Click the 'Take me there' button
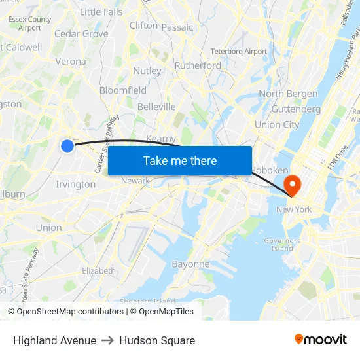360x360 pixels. [180, 160]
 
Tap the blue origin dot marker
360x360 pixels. [67, 146]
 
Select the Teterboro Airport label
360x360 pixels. [238, 51]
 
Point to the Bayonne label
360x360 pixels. [190, 264]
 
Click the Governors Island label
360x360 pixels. [281, 244]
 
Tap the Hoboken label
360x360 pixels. [270, 170]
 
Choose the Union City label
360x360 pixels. [277, 124]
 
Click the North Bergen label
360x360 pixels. [289, 94]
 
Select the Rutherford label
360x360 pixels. [198, 65]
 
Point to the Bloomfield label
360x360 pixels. [123, 90]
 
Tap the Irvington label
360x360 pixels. [75, 184]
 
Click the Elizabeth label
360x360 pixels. [99, 270]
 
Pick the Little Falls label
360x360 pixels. [101, 12]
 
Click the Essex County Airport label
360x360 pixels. [30, 24]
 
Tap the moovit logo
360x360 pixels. [321, 340]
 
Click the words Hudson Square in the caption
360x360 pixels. [157, 340]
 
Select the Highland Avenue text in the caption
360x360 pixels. [54, 340]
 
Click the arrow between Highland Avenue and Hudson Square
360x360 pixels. [108, 340]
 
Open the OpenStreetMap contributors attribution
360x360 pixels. [70, 312]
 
